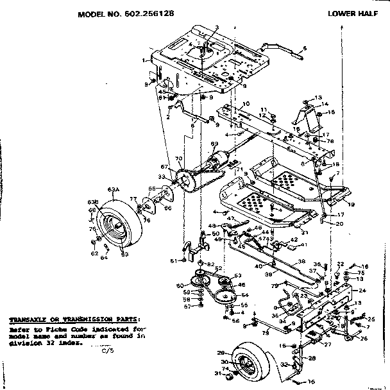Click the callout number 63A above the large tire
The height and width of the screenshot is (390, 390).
[114, 189]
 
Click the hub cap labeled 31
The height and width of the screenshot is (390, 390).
[217, 374]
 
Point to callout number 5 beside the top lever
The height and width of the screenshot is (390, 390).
[305, 49]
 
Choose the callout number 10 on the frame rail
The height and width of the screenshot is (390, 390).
[247, 104]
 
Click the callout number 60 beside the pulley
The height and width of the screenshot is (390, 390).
[178, 285]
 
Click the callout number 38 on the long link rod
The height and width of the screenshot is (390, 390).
[301, 262]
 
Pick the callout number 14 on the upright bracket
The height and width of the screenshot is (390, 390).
[325, 104]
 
